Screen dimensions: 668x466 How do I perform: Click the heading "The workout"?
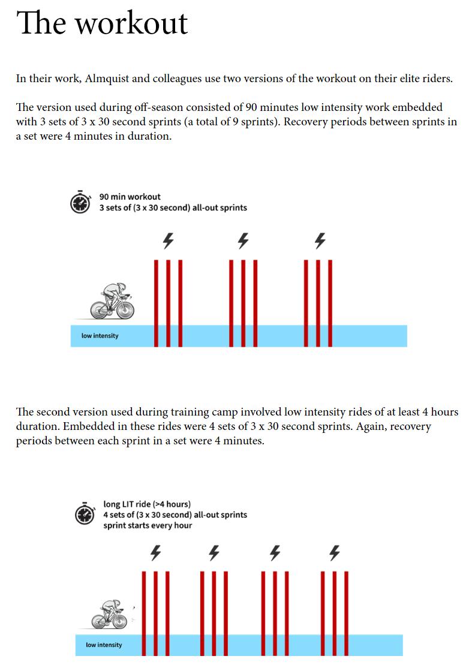pyautogui.click(x=102, y=23)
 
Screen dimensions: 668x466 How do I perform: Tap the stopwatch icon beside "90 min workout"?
pyautogui.click(x=80, y=202)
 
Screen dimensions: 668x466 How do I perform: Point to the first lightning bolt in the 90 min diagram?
pyautogui.click(x=169, y=240)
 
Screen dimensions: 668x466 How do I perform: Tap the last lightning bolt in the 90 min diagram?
pyautogui.click(x=320, y=240)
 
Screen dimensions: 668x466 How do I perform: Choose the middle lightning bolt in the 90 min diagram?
pyautogui.click(x=243, y=240)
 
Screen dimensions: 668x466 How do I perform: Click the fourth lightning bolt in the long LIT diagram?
pyautogui.click(x=335, y=552)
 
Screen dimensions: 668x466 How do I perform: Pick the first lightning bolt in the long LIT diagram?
pyautogui.click(x=155, y=552)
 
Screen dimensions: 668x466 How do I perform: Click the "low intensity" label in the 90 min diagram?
pyautogui.click(x=100, y=336)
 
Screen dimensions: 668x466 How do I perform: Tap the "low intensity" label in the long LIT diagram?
pyautogui.click(x=104, y=645)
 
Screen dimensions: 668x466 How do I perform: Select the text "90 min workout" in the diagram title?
pyautogui.click(x=130, y=197)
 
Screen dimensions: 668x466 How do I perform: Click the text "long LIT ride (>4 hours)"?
pyautogui.click(x=147, y=504)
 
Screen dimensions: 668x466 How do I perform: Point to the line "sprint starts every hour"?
pyautogui.click(x=148, y=525)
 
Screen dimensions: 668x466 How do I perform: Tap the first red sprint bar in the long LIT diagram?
pyautogui.click(x=144, y=613)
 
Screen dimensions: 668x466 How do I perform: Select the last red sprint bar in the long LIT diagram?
pyautogui.click(x=346, y=613)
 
